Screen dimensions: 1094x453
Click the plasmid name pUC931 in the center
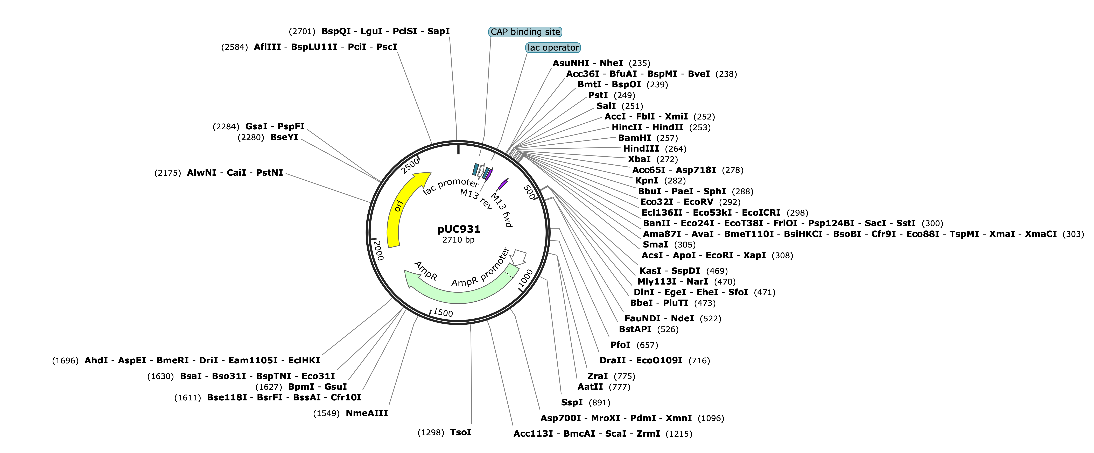click(459, 229)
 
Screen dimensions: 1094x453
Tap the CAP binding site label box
click(525, 32)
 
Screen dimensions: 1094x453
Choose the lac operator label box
click(553, 48)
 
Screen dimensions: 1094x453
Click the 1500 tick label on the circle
click(443, 313)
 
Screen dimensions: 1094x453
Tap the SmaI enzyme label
click(655, 245)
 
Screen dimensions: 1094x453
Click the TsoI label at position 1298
click(461, 432)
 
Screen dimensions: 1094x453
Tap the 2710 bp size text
click(458, 240)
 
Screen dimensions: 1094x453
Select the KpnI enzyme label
click(646, 180)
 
